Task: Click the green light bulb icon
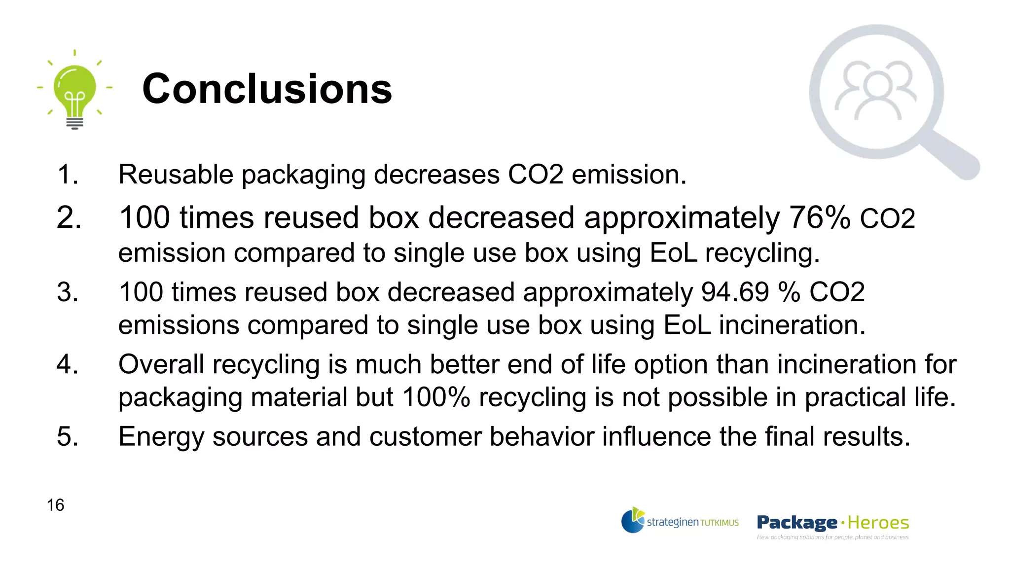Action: point(74,91)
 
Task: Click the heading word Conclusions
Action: point(267,89)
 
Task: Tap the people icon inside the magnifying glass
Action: point(876,91)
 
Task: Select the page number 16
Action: point(55,505)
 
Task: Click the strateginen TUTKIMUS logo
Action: point(680,521)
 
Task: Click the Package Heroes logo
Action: point(832,525)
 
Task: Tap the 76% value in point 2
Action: point(820,217)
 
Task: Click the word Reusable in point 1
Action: point(176,175)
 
